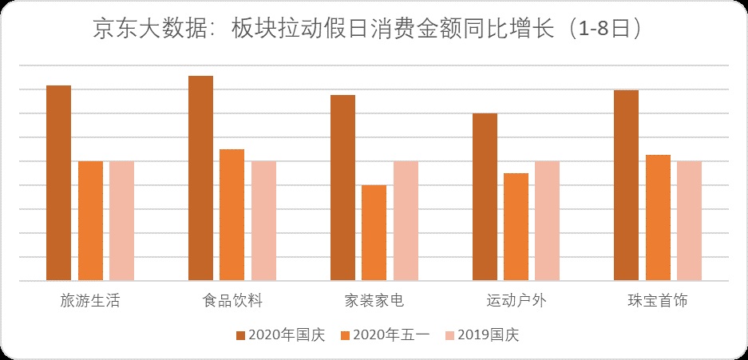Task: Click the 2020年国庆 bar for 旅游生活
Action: click(x=58, y=183)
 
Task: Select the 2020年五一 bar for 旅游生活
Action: click(x=90, y=221)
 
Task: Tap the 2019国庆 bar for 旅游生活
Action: click(x=121, y=221)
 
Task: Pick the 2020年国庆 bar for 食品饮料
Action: click(x=200, y=178)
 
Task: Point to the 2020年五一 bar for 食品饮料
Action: click(x=232, y=215)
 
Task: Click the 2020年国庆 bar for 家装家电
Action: click(x=342, y=188)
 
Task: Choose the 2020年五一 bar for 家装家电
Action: click(x=374, y=233)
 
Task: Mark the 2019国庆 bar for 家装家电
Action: click(x=405, y=221)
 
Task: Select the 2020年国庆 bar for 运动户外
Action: click(x=485, y=197)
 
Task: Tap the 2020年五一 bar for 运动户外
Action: click(x=516, y=227)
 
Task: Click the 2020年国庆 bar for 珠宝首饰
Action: click(x=626, y=185)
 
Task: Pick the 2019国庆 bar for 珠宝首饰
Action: click(x=689, y=221)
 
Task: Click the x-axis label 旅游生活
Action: click(x=90, y=301)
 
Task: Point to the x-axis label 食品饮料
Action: click(x=232, y=301)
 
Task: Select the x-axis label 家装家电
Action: click(x=374, y=301)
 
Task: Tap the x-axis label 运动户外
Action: click(x=516, y=301)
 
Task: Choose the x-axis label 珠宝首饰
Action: click(x=658, y=301)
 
